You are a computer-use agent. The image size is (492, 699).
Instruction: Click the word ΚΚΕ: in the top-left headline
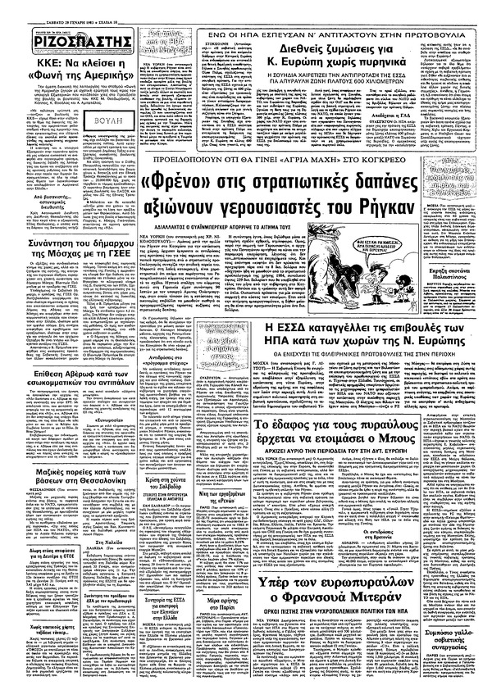coord(25,61)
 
